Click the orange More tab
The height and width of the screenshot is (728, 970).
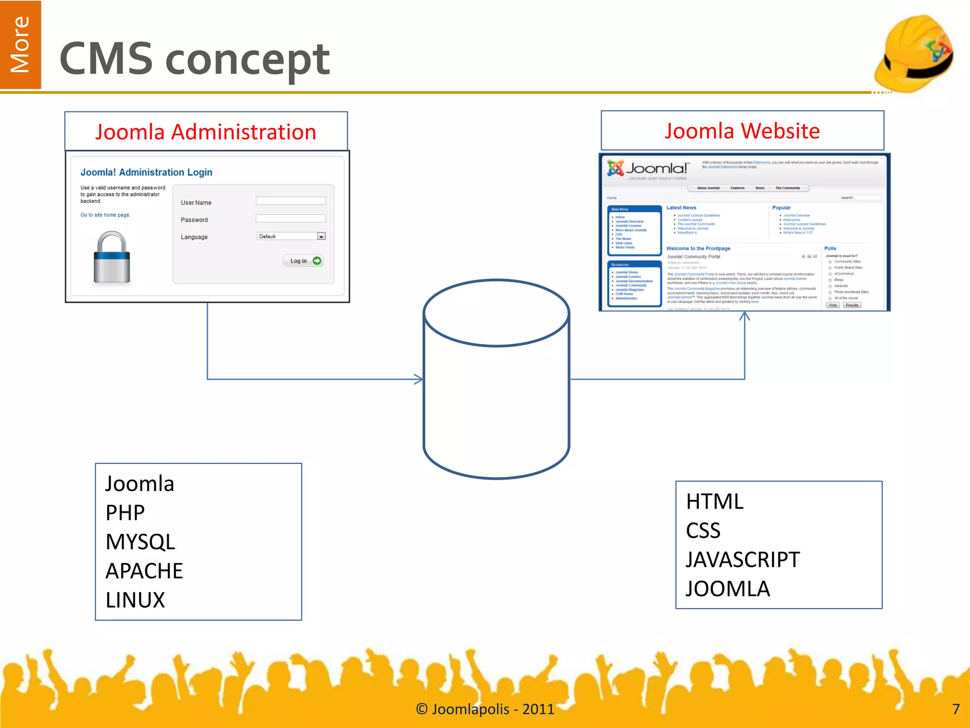20,45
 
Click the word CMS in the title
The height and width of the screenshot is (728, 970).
106,59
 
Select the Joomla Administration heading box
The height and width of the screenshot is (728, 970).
206,132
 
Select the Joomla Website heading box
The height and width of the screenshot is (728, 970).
742,131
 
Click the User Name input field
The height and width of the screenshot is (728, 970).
290,201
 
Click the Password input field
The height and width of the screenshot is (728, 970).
290,218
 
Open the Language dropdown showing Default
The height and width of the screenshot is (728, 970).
291,236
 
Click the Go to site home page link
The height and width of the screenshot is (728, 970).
105,215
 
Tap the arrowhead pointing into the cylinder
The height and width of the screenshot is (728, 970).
419,379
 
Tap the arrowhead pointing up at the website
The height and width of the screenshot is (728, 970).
745,316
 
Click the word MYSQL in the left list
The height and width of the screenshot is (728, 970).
140,542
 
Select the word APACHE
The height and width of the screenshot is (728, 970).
144,571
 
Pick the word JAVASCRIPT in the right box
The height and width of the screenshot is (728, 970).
743,560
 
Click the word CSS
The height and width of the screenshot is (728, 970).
703,530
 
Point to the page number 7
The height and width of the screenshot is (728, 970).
956,709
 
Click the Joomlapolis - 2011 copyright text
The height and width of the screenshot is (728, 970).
485,709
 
